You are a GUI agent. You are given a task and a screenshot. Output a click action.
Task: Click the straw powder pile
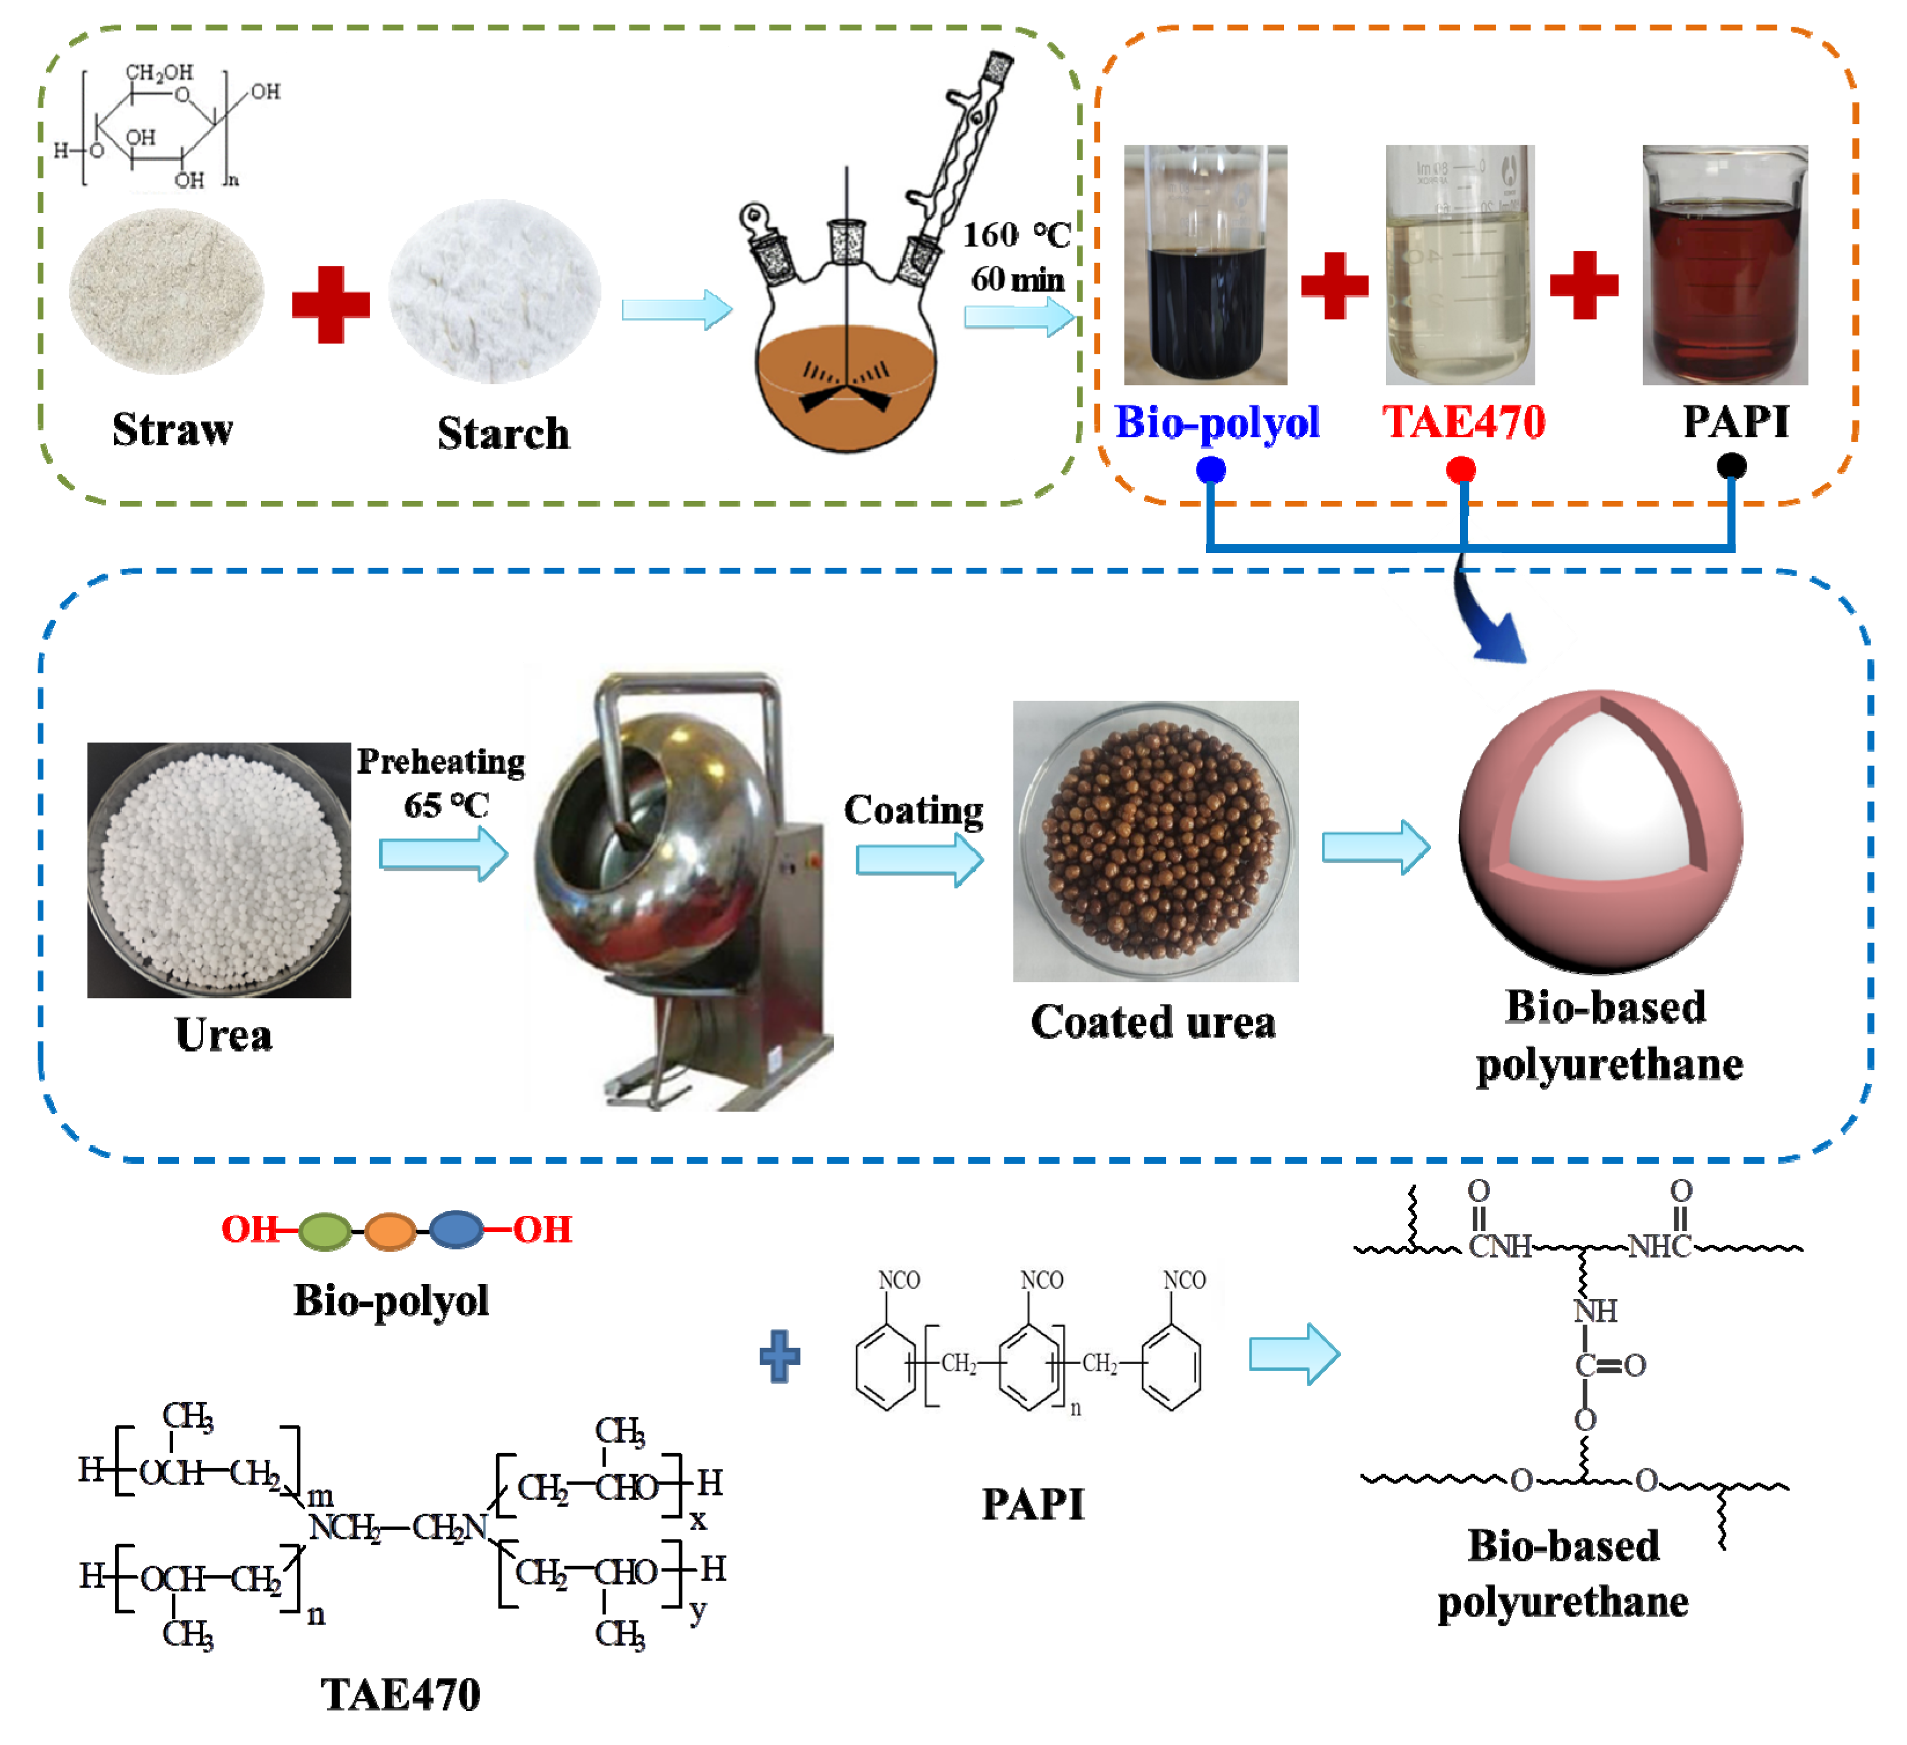click(167, 291)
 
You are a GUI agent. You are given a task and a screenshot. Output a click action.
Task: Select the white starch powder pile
click(495, 291)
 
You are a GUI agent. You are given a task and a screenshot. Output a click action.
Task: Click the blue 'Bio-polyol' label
click(1216, 422)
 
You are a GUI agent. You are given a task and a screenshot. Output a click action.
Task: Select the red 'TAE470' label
click(1464, 422)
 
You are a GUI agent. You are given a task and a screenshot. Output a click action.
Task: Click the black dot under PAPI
click(1731, 465)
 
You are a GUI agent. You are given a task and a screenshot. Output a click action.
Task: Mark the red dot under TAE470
click(1461, 469)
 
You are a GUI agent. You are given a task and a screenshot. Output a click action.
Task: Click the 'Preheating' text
click(441, 761)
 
